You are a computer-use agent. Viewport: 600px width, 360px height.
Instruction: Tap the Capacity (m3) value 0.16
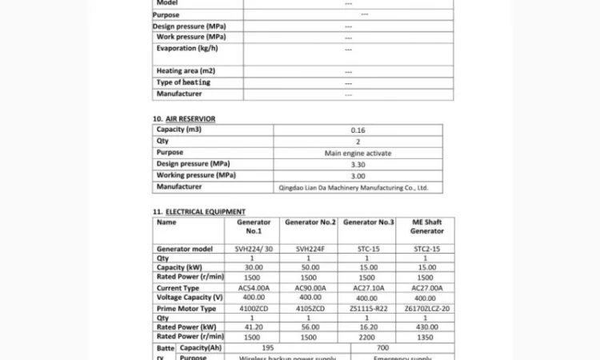tap(358, 130)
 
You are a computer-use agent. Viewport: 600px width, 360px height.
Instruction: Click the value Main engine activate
tap(358, 153)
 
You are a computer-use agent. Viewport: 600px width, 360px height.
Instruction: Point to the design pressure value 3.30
tap(358, 164)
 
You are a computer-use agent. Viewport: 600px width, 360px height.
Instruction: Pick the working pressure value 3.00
tap(358, 176)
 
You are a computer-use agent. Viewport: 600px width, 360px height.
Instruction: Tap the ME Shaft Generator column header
tap(426, 226)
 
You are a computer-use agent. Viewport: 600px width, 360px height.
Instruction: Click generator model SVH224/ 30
tap(254, 249)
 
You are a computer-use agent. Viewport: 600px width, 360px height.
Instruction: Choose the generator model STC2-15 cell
tap(426, 249)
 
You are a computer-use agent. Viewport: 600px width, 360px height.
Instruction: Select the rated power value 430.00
tap(426, 327)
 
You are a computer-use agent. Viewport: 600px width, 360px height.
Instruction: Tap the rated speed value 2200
tap(368, 338)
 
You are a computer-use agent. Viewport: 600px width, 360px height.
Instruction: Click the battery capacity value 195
tap(268, 348)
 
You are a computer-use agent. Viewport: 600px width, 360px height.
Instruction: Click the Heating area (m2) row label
tap(186, 71)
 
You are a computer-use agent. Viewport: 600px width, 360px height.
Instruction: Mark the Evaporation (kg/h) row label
tap(187, 48)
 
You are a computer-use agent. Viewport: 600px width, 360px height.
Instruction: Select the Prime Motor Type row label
tap(186, 308)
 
